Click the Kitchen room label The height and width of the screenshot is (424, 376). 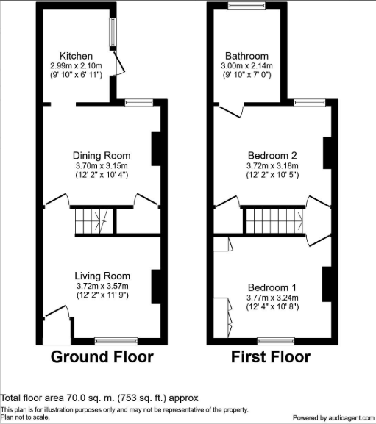click(76, 56)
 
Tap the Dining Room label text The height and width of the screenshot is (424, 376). click(102, 156)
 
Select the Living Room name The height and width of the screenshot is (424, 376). click(102, 276)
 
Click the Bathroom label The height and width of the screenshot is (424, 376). click(247, 56)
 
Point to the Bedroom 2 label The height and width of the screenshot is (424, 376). click(272, 156)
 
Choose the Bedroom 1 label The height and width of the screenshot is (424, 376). click(272, 287)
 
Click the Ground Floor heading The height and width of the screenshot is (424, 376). click(102, 356)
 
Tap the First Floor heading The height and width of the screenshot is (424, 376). click(271, 356)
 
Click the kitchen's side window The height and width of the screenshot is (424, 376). click(113, 32)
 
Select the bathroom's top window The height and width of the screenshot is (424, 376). click(246, 5)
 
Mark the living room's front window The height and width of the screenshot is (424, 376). click(116, 341)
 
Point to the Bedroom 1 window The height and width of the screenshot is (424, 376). click(276, 341)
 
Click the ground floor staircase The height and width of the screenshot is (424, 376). click(94, 221)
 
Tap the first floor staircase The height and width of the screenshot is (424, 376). click(274, 221)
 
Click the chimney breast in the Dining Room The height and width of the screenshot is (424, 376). click(156, 148)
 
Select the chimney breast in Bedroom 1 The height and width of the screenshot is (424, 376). click(327, 284)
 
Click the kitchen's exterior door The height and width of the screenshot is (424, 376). click(119, 62)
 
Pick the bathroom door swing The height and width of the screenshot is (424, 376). click(230, 111)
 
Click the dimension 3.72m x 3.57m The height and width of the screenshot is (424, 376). click(102, 286)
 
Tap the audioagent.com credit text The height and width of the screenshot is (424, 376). click(333, 418)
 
